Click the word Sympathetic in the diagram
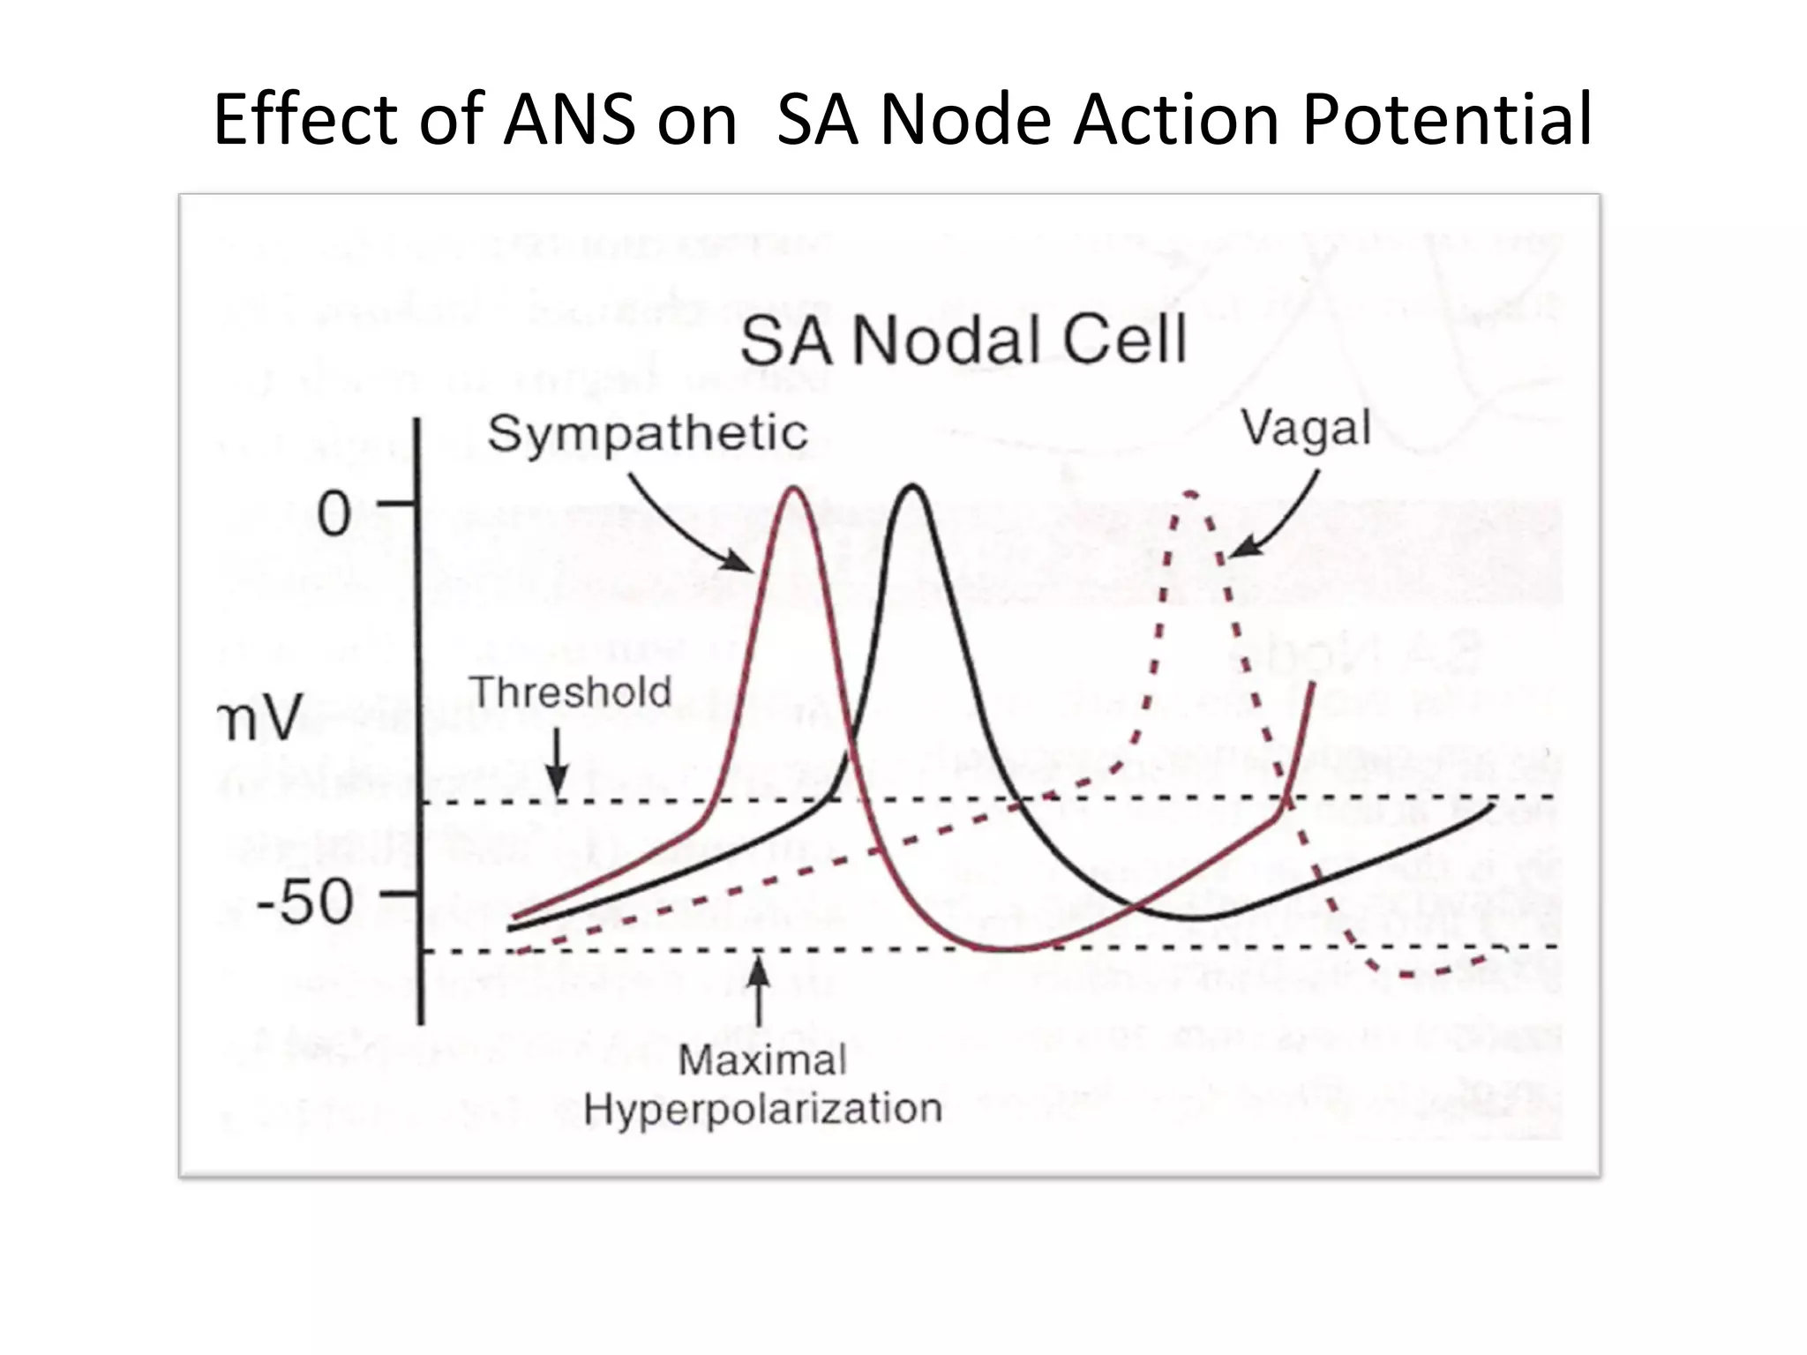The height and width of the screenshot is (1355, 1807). click(647, 434)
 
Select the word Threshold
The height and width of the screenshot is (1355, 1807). click(569, 692)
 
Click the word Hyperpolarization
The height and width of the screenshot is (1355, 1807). click(762, 1109)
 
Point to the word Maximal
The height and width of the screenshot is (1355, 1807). click(762, 1059)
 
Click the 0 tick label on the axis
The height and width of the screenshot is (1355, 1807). click(334, 514)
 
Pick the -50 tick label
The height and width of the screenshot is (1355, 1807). click(304, 902)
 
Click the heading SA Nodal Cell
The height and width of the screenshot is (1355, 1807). click(963, 341)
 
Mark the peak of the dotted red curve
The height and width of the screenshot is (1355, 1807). click(1190, 494)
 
